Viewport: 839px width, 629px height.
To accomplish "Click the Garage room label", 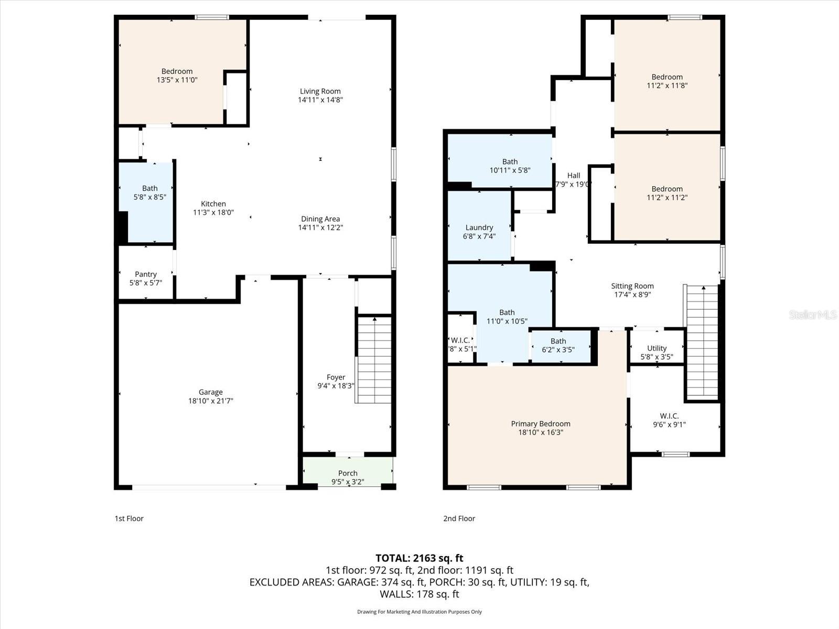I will pos(210,392).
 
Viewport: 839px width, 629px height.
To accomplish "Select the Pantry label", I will pos(146,274).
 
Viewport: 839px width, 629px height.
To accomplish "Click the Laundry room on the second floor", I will pos(479,227).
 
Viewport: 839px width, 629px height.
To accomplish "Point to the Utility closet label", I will pos(657,348).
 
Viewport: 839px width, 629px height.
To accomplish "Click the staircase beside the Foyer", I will pos(374,360).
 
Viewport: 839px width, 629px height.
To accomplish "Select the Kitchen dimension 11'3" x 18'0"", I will pos(213,212).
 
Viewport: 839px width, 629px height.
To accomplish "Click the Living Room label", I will pos(320,91).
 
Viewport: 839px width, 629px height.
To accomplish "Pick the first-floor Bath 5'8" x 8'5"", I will pos(149,192).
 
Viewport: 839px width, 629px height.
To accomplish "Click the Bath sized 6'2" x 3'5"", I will pos(558,345).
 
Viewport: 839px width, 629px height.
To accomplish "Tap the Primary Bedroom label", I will pos(541,424).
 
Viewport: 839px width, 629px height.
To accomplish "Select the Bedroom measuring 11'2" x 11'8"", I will pos(667,81).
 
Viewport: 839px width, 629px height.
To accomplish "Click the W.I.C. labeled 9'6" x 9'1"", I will pos(669,420).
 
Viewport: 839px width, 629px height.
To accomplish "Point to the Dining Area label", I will pos(320,219).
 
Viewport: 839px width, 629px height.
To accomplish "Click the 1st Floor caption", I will pos(129,518).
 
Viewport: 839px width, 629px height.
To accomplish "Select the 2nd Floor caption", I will pos(459,518).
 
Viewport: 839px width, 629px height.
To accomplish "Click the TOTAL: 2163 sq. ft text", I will pos(419,558).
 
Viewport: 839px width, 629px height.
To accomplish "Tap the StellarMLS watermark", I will pos(812,314).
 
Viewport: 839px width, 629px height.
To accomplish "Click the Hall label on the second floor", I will pos(574,176).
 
